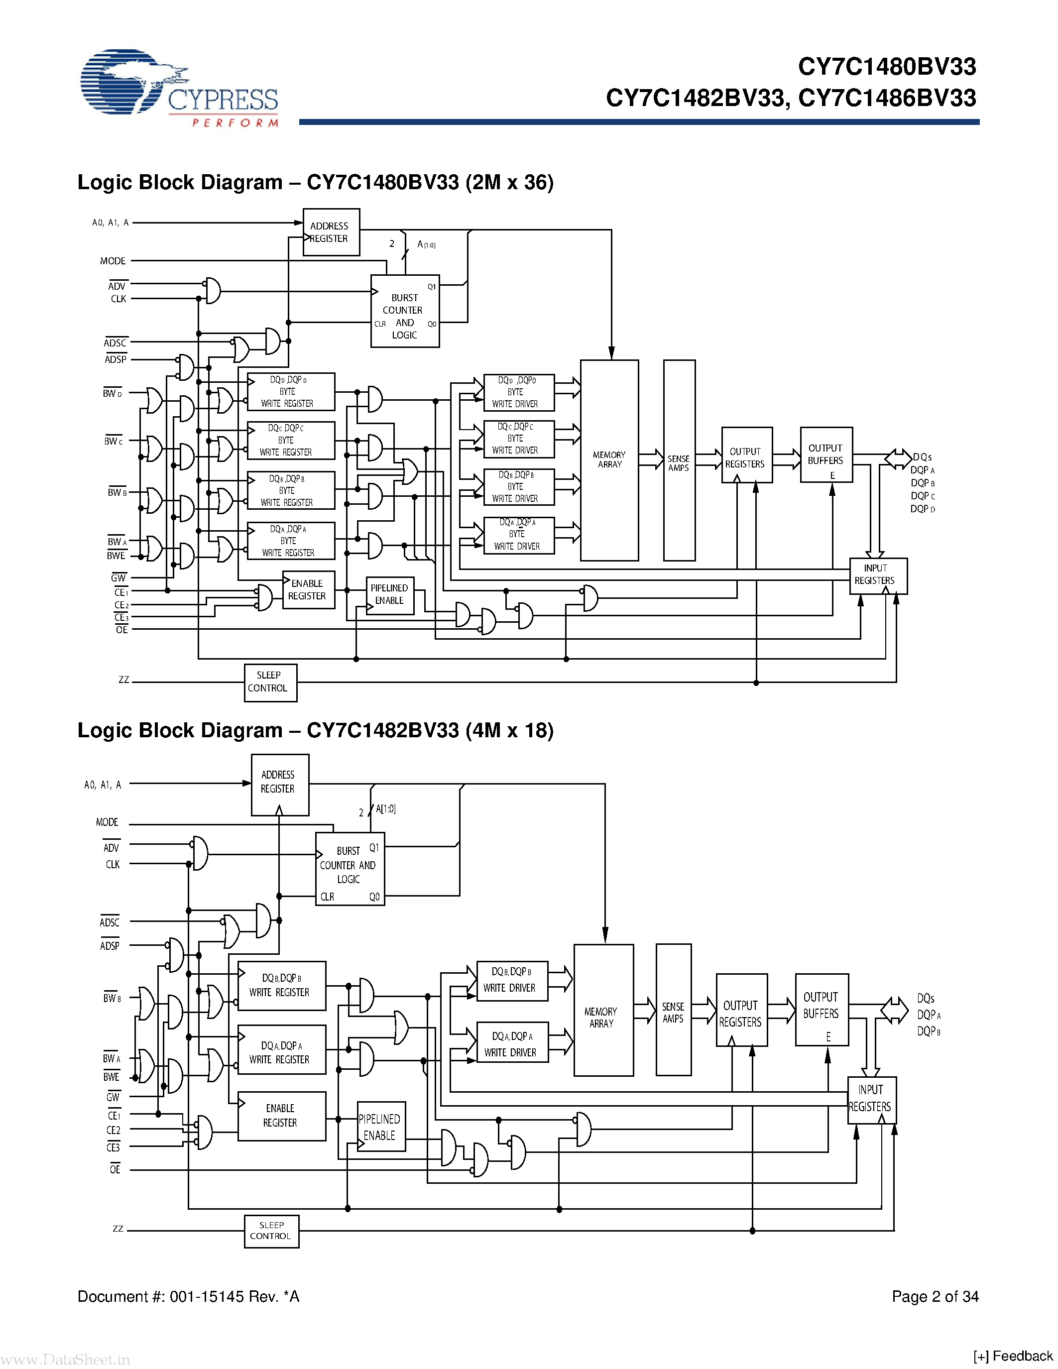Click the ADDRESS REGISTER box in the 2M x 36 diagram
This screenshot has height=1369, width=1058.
[x=330, y=232]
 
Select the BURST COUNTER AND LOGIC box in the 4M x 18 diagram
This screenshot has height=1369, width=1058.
[x=349, y=869]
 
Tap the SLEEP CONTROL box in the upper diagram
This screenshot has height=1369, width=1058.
[x=269, y=682]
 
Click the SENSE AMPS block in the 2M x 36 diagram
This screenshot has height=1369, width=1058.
[x=679, y=460]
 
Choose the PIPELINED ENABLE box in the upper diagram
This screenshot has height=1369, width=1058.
[x=389, y=595]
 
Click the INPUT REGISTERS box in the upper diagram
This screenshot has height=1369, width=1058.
[x=877, y=575]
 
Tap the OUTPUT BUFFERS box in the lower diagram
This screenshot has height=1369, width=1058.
[x=821, y=1009]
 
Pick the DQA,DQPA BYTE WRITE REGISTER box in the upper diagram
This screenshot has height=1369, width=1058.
[x=290, y=540]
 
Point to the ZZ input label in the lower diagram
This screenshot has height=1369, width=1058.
[x=118, y=1229]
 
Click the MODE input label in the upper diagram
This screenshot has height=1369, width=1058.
[x=113, y=261]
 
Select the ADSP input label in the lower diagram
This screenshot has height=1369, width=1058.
[x=110, y=945]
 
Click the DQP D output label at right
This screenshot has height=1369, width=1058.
[x=922, y=509]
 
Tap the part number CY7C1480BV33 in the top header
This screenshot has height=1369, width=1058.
[x=886, y=66]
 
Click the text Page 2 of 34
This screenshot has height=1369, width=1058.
[x=935, y=1296]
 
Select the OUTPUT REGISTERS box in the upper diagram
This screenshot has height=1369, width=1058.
[x=746, y=457]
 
